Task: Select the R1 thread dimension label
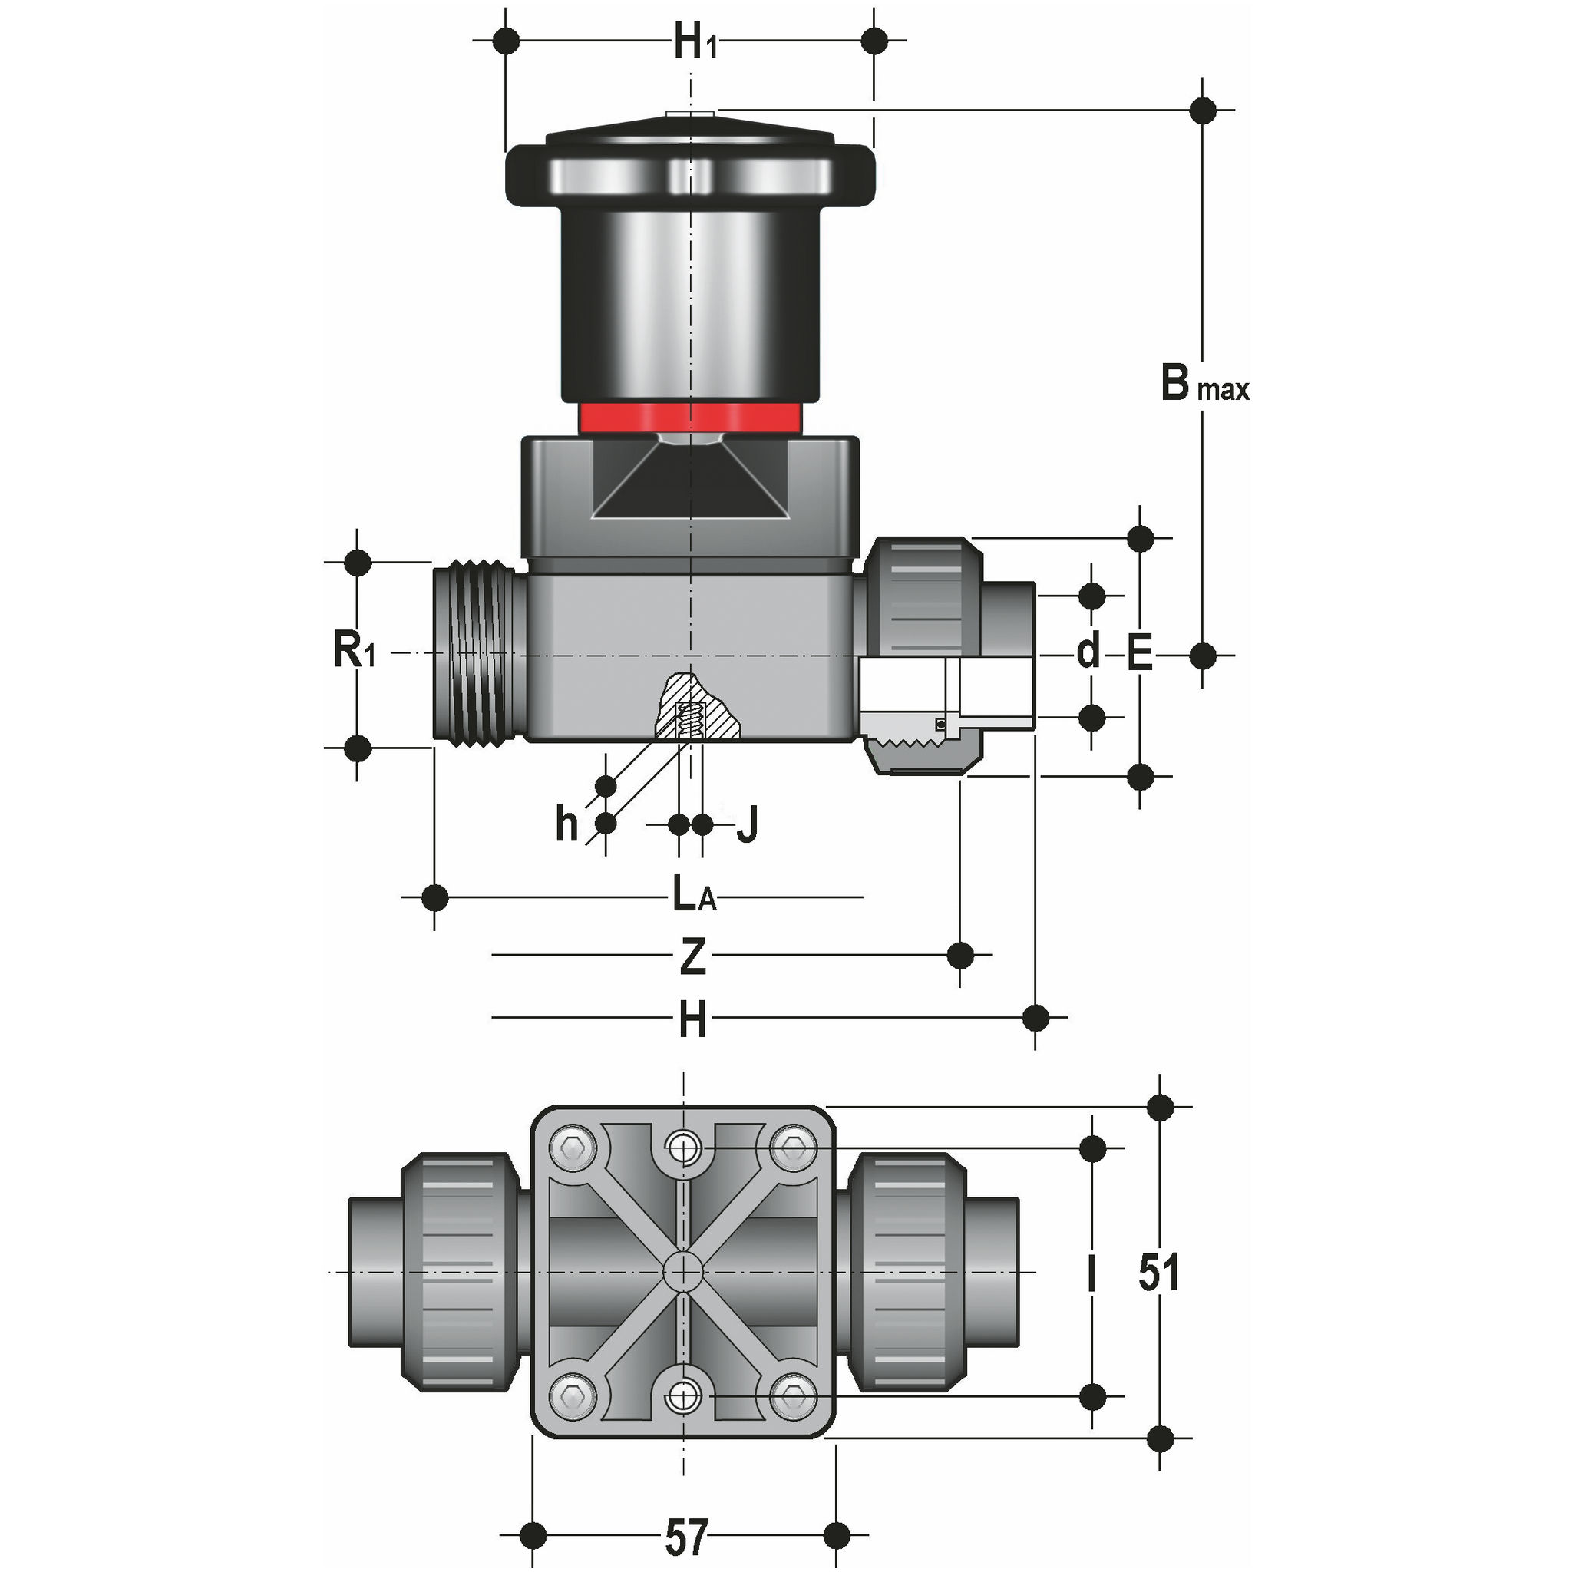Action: (354, 652)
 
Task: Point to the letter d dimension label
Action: (1088, 652)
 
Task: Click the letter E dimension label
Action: (1140, 653)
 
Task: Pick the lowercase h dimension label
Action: (567, 824)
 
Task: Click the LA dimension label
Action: (694, 897)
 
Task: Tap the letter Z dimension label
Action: (692, 958)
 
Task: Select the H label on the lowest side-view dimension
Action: (692, 1020)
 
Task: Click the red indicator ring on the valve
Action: (690, 418)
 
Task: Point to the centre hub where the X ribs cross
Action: (682, 1271)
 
